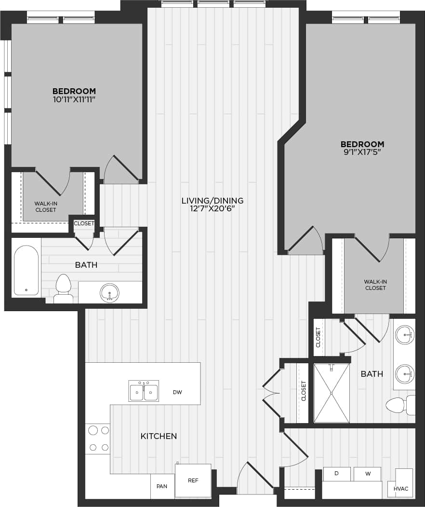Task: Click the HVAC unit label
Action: tap(400, 489)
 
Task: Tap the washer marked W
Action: tap(368, 474)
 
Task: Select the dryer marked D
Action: tap(336, 474)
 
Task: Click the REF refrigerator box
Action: tap(193, 480)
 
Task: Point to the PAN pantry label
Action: tap(162, 486)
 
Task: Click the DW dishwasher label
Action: tap(177, 392)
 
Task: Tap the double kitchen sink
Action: tap(144, 391)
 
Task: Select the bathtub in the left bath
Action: tap(26, 271)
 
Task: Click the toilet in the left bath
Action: tap(63, 288)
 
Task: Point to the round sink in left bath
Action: tap(110, 292)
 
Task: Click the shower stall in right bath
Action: tap(332, 393)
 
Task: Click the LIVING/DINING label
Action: tap(212, 201)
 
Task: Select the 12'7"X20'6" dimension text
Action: tap(212, 209)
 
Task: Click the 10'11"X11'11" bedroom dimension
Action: tap(74, 99)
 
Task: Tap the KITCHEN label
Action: tap(159, 436)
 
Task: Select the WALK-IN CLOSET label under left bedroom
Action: tap(45, 207)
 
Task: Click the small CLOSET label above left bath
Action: tap(84, 223)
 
